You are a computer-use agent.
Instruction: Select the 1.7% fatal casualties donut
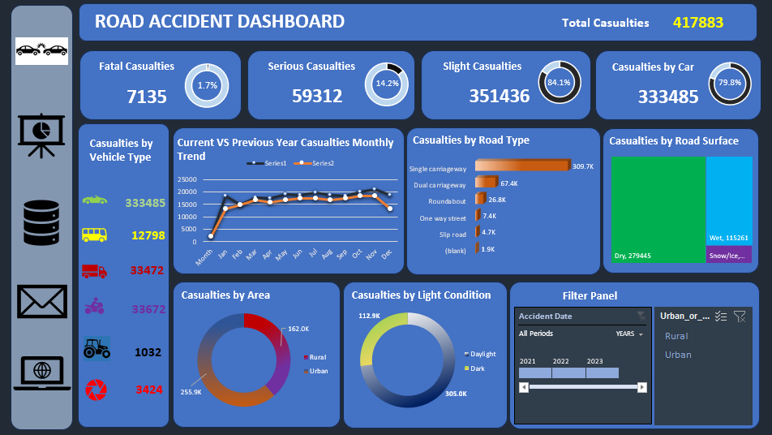click(x=208, y=85)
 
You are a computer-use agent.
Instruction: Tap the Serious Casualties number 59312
click(x=317, y=96)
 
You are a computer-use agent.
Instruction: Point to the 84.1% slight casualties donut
click(x=559, y=83)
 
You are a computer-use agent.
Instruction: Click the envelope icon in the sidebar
click(x=42, y=302)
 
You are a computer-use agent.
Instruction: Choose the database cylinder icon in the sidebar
click(x=41, y=223)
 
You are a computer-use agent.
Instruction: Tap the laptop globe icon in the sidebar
click(x=42, y=373)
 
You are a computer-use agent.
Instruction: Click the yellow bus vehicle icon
click(x=94, y=235)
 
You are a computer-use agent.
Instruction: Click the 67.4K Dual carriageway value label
click(x=509, y=183)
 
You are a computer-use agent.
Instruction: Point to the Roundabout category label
click(x=447, y=200)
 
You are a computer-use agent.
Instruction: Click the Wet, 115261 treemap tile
click(x=728, y=208)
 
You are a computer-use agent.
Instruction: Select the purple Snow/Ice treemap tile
click(x=728, y=254)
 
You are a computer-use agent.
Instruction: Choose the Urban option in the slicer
click(x=678, y=355)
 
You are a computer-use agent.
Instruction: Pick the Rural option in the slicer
click(x=676, y=336)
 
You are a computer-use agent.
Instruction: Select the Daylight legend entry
click(x=482, y=354)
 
